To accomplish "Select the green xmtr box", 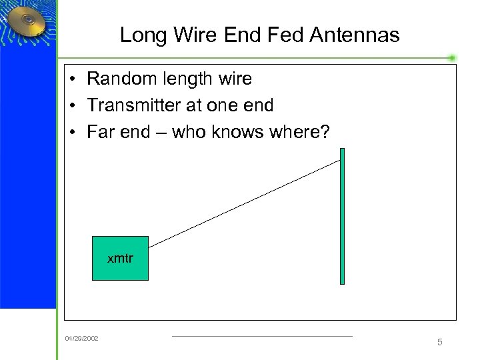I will [120, 258].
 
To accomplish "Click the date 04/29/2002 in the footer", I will [81, 339].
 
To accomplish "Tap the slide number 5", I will [439, 342].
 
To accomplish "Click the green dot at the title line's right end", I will [452, 58].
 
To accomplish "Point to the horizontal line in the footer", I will [262, 336].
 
